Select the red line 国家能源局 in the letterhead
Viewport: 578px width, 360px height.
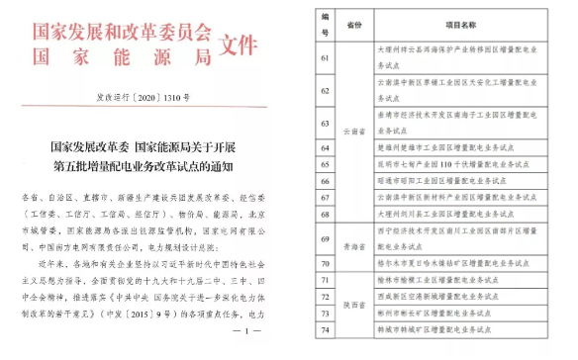tap(122, 55)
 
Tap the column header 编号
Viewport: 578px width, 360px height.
tap(324, 24)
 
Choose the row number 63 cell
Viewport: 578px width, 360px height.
tap(324, 124)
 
